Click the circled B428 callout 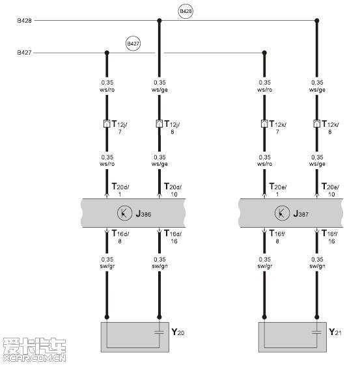[x=186, y=11]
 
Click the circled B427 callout [x=133, y=44]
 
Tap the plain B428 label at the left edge [x=24, y=20]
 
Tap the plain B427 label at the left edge [x=24, y=53]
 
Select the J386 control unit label [x=143, y=213]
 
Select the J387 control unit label [x=301, y=213]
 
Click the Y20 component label [x=178, y=332]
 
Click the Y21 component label [x=335, y=332]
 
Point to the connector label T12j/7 [x=119, y=127]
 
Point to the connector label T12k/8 [x=330, y=127]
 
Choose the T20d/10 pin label [x=173, y=190]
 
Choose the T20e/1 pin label [x=278, y=190]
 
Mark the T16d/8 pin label [x=120, y=237]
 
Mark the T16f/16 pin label [x=329, y=237]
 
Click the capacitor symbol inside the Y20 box [x=159, y=332]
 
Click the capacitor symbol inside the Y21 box [x=316, y=332]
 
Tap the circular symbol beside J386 [x=125, y=213]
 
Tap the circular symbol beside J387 [x=283, y=213]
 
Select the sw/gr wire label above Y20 [x=107, y=266]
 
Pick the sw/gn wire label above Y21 [x=317, y=266]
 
